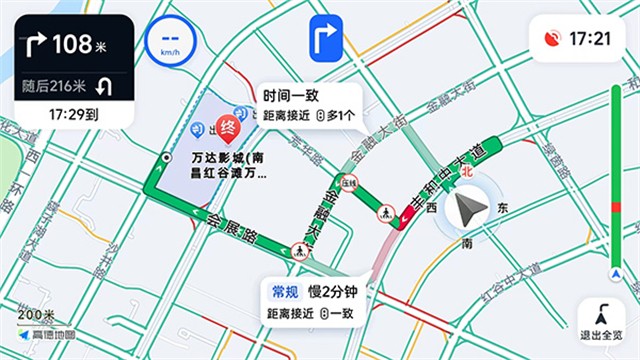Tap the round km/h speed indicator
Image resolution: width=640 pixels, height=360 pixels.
pyautogui.click(x=169, y=42)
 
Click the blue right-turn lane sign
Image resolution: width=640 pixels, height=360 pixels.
pyautogui.click(x=325, y=39)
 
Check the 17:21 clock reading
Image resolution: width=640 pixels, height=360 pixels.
pyautogui.click(x=589, y=39)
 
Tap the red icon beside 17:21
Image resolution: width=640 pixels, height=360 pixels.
pyautogui.click(x=551, y=39)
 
